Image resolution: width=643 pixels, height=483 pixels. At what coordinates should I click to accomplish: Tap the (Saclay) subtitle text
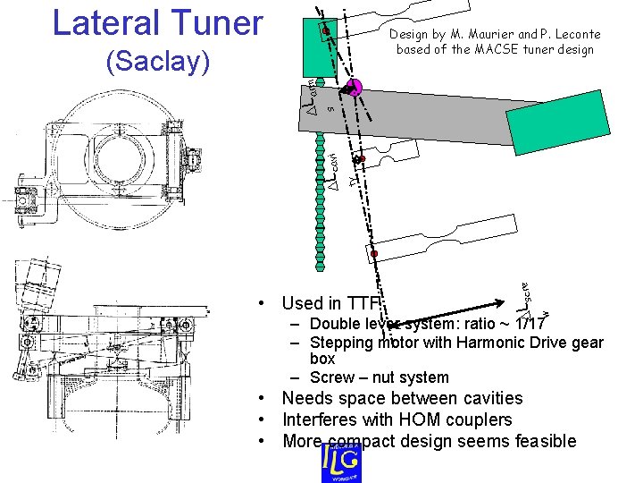(x=157, y=62)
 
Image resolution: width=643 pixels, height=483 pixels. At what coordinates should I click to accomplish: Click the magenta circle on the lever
(x=354, y=88)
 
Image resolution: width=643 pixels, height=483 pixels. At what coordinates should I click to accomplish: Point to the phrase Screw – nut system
(x=380, y=377)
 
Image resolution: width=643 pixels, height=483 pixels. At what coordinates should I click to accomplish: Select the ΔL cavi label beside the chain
(x=333, y=171)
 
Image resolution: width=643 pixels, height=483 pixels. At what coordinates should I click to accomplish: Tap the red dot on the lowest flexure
(x=375, y=255)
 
